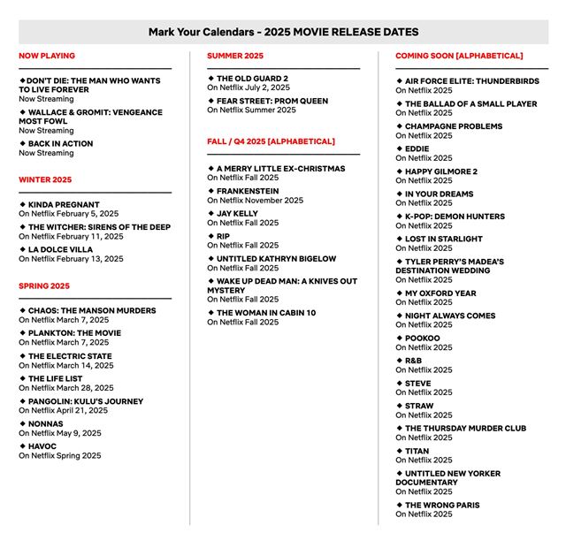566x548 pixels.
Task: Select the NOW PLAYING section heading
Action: pyautogui.click(x=47, y=56)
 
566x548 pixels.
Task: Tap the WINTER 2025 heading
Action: pyautogui.click(x=45, y=179)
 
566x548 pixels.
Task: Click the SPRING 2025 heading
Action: pyautogui.click(x=44, y=286)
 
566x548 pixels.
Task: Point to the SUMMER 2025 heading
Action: pyautogui.click(x=235, y=56)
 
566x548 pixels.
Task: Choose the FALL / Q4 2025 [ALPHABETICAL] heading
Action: pyautogui.click(x=271, y=141)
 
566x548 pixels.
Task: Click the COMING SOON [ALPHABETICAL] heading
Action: pyautogui.click(x=459, y=56)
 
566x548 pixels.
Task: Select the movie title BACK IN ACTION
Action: pyautogui.click(x=60, y=143)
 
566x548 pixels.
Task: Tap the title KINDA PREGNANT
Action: pyautogui.click(x=64, y=204)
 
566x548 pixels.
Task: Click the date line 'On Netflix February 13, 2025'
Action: pyautogui.click(x=71, y=259)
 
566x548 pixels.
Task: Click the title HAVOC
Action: pyautogui.click(x=42, y=446)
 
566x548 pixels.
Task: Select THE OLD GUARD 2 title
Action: pyautogui.click(x=252, y=79)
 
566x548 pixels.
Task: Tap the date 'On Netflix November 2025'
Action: pyautogui.click(x=255, y=200)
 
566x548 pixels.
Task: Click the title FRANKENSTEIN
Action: pyautogui.click(x=248, y=191)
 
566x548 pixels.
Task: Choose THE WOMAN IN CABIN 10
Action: pyautogui.click(x=265, y=313)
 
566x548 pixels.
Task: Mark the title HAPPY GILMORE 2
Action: pyautogui.click(x=440, y=171)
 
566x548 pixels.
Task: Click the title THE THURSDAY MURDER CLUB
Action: pyautogui.click(x=465, y=429)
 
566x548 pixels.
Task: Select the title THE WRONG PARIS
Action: pyautogui.click(x=442, y=506)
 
